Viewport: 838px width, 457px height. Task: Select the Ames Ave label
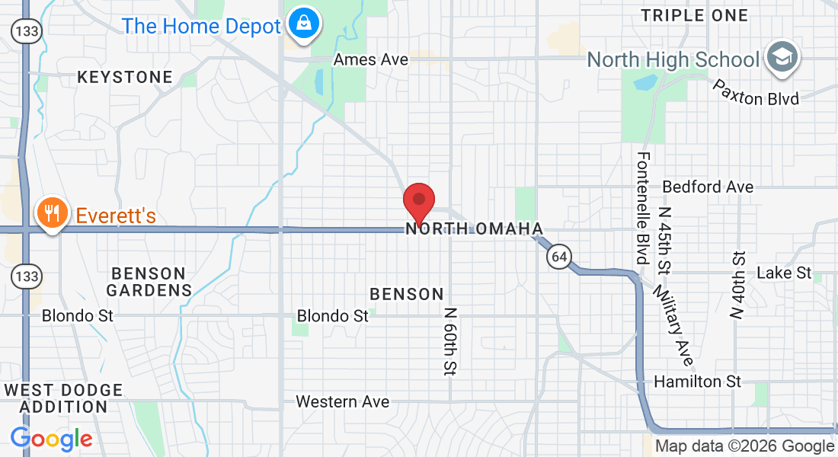[x=371, y=59]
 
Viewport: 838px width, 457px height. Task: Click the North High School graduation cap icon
[x=781, y=58]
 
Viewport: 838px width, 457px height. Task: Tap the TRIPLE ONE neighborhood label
[x=694, y=15]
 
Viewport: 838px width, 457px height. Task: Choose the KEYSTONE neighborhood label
[x=125, y=77]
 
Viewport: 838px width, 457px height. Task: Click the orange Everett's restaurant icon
[x=52, y=213]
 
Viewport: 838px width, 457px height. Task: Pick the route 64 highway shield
[x=559, y=257]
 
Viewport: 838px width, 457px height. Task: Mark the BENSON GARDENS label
[x=149, y=282]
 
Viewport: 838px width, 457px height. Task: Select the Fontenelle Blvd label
[x=644, y=207]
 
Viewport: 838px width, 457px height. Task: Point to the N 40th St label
[x=737, y=286]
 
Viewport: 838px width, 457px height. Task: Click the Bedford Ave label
[x=708, y=187]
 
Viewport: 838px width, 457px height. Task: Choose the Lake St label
[x=784, y=273]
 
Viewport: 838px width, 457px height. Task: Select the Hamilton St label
[x=697, y=381]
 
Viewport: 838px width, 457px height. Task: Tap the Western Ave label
[x=343, y=401]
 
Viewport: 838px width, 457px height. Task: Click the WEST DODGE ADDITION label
[x=63, y=398]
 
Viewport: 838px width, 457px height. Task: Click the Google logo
[x=51, y=439]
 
